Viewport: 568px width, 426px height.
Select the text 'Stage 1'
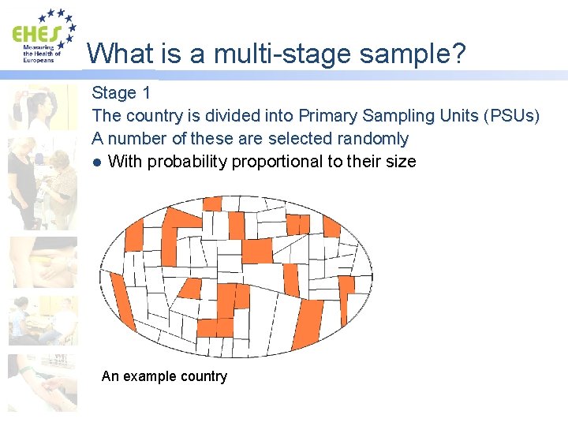click(121, 93)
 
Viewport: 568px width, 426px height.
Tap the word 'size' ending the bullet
click(401, 162)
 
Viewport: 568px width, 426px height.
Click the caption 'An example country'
click(164, 376)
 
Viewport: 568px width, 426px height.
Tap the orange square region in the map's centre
click(256, 250)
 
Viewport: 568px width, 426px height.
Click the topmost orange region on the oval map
click(212, 204)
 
